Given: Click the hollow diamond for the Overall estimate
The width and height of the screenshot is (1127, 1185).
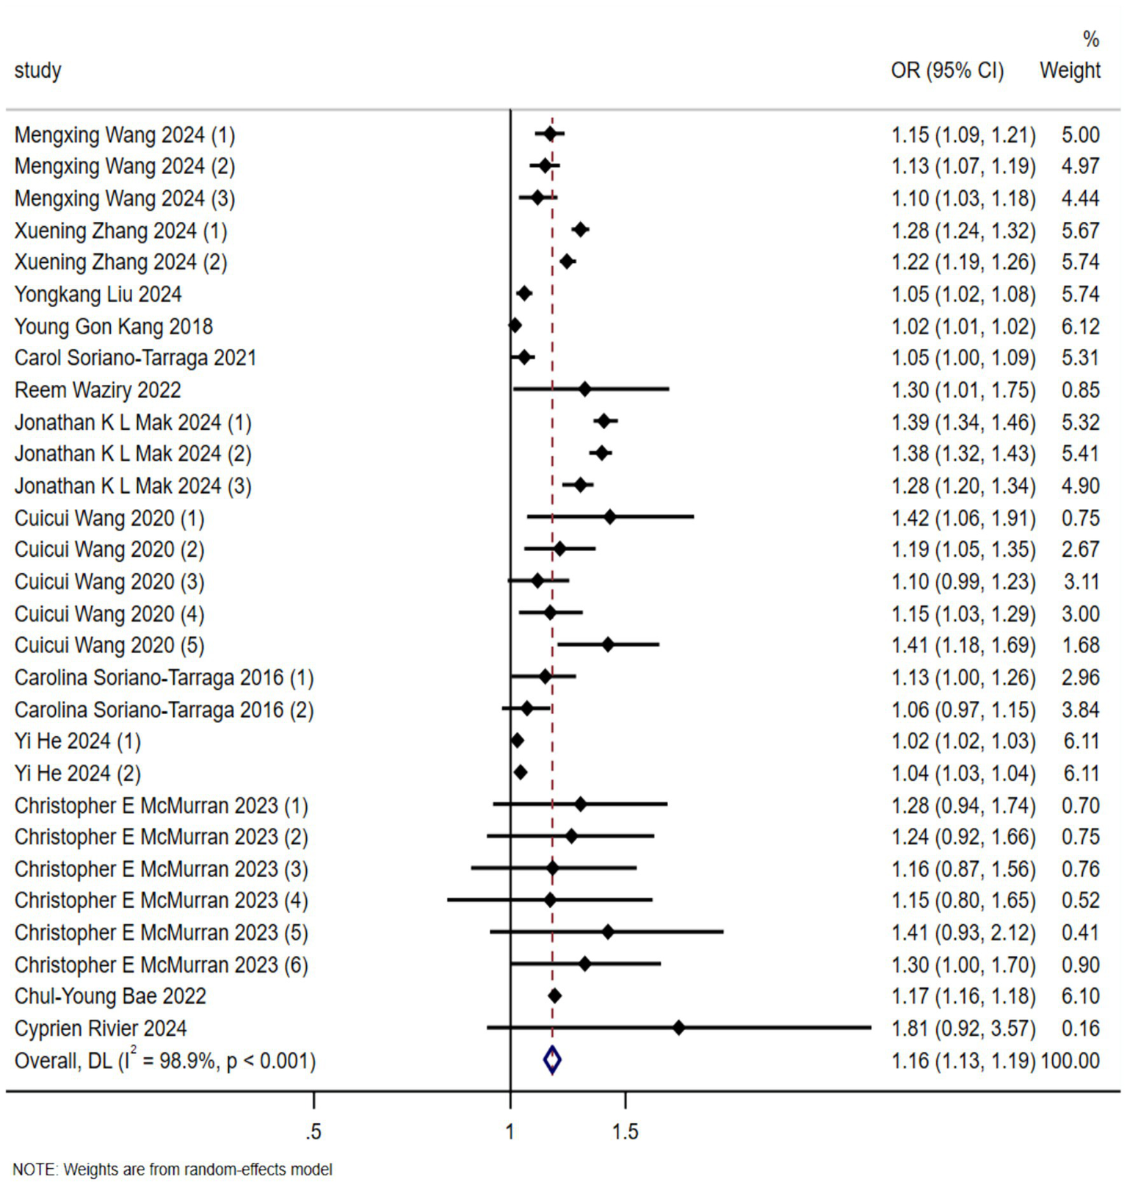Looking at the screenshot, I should (x=552, y=1060).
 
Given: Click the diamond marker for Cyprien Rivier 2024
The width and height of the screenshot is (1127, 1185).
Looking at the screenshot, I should (x=678, y=1028).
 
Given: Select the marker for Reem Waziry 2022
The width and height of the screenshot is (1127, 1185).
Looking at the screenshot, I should (x=584, y=389).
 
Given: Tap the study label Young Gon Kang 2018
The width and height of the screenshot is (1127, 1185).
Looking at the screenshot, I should (x=114, y=326).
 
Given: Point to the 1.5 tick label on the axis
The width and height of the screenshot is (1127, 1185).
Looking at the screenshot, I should (x=625, y=1132).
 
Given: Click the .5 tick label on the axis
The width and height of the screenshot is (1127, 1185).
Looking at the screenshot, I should (x=314, y=1132).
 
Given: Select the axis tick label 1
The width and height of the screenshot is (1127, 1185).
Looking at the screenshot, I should (x=510, y=1132).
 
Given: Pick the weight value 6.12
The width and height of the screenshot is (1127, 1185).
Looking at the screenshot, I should (x=1080, y=326).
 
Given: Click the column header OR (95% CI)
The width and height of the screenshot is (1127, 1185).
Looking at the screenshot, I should (x=947, y=71).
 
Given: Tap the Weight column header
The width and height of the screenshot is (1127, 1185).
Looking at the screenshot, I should (x=1070, y=71).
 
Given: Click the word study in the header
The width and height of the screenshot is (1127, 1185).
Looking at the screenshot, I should (x=37, y=71).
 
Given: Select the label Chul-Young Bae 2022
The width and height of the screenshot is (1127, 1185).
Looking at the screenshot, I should (x=110, y=996).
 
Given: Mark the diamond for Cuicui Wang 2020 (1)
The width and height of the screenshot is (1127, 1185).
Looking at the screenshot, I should (x=609, y=517).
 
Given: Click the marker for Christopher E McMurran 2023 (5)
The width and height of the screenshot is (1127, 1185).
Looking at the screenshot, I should (x=607, y=932).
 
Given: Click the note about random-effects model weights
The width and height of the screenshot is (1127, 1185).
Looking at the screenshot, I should (x=173, y=1169).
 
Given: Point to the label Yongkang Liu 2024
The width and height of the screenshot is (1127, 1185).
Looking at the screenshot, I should (x=98, y=295).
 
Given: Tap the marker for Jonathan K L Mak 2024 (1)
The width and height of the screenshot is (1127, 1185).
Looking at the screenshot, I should (x=604, y=421).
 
